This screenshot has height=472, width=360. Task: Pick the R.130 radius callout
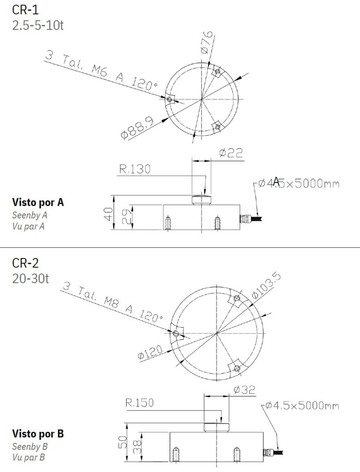(x=135, y=169)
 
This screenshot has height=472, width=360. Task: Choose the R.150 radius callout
(x=139, y=403)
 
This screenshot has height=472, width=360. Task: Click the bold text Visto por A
(x=38, y=202)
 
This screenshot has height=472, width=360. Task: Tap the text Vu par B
(x=29, y=458)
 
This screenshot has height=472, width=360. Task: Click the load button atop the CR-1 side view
(x=202, y=200)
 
